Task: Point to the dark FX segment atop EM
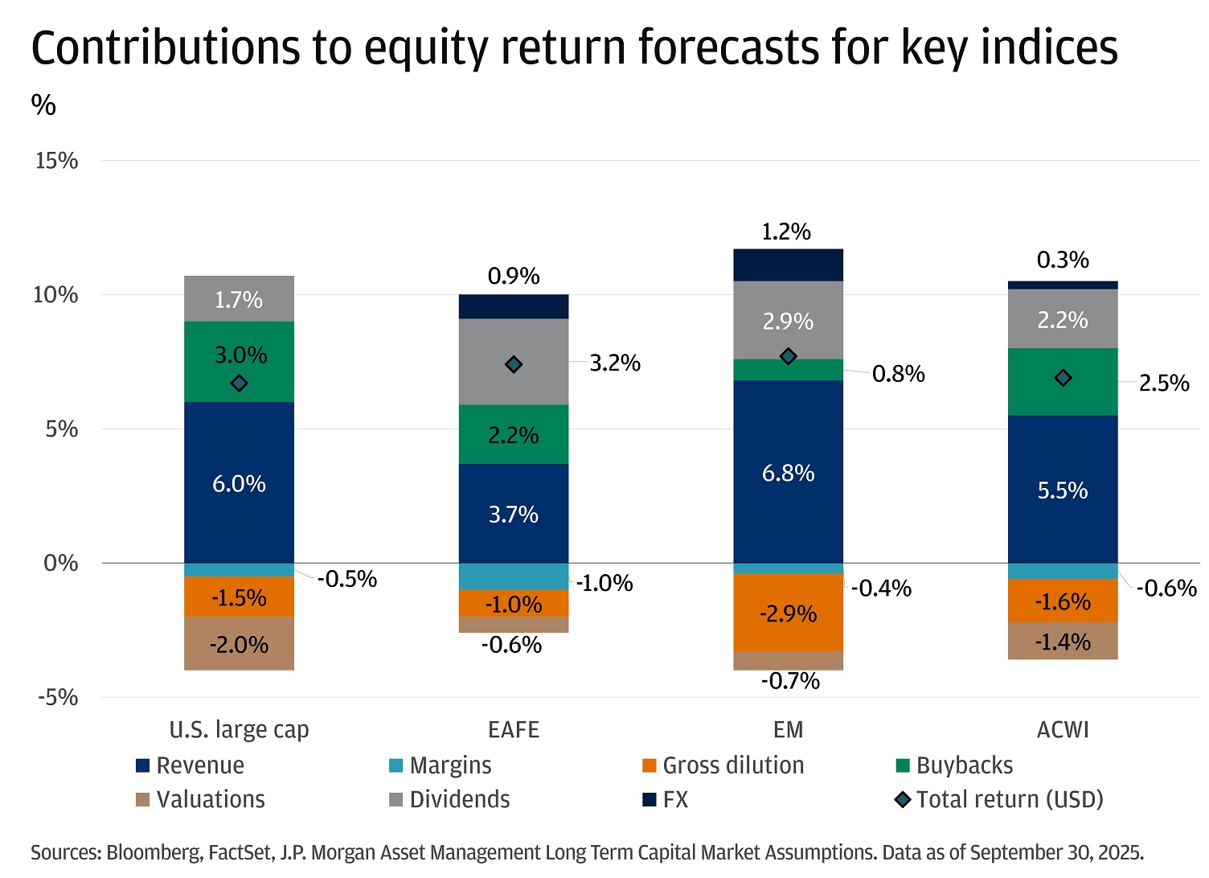coord(788,265)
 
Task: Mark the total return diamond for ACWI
coord(1063,378)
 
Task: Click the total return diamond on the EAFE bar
coord(514,365)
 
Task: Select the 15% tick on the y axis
coord(56,161)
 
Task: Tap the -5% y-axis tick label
coord(56,697)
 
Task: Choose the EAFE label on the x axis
coord(514,730)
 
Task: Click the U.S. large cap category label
coord(239,730)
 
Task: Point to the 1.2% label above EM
coord(786,232)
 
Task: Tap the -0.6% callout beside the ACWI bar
coord(1166,589)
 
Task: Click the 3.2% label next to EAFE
coord(615,363)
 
